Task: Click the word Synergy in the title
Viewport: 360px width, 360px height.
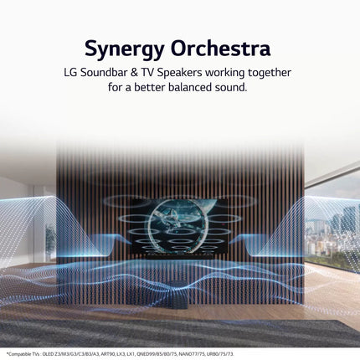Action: point(127,43)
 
